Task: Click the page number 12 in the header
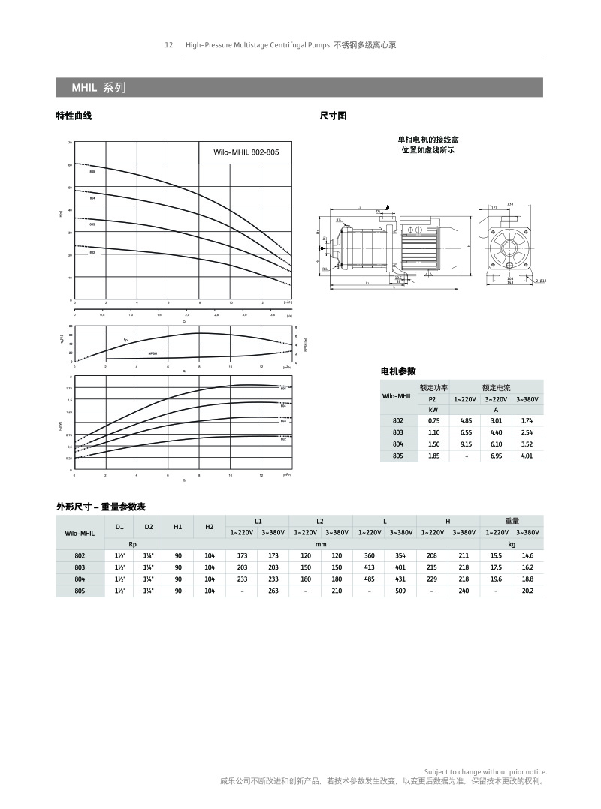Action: pos(169,45)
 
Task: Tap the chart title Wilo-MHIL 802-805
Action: pos(246,152)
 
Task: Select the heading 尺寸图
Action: pos(333,116)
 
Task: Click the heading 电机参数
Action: pos(399,371)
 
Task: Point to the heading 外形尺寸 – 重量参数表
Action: pos(101,507)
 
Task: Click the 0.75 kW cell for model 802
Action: pos(433,421)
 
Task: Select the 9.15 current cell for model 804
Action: pos(466,444)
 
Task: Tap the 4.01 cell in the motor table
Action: pos(527,456)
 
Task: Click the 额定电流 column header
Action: pos(496,388)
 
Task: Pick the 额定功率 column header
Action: pos(433,388)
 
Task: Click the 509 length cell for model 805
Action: pos(400,591)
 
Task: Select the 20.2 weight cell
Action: pos(527,591)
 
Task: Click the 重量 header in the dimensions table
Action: pos(512,521)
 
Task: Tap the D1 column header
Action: pos(119,527)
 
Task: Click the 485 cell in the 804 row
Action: pos(369,579)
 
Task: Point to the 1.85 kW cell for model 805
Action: pos(433,456)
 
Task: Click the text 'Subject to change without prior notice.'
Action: pos(485,772)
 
